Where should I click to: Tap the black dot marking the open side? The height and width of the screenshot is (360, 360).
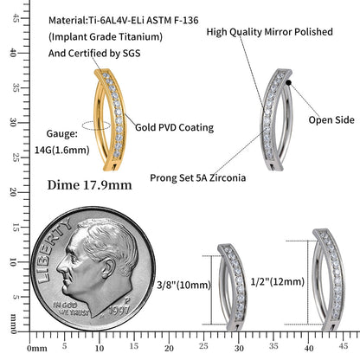click(x=288, y=83)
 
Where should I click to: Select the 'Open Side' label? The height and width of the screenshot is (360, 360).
click(x=331, y=120)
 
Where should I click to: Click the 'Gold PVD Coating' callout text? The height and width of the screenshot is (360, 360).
click(x=175, y=127)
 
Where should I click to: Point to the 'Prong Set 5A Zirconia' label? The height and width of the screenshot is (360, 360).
click(x=198, y=177)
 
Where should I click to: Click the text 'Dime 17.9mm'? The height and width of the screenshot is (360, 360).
click(x=89, y=185)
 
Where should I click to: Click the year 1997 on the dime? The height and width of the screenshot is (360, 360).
click(x=119, y=310)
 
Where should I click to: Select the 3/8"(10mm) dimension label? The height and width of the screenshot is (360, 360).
click(x=183, y=286)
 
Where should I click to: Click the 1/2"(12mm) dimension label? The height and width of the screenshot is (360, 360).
click(x=278, y=281)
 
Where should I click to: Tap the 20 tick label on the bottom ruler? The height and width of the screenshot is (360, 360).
click(x=169, y=348)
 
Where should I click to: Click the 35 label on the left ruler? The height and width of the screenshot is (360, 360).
click(x=15, y=88)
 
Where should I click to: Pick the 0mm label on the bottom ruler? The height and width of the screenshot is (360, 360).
click(x=37, y=349)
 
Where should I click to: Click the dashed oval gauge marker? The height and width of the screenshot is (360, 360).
click(x=96, y=125)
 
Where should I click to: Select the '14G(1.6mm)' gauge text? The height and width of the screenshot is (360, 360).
click(x=62, y=150)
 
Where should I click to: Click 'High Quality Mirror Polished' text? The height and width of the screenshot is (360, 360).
click(x=270, y=32)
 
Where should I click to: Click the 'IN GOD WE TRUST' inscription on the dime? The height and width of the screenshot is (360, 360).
click(x=71, y=309)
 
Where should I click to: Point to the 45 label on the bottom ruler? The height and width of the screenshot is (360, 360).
click(x=344, y=345)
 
